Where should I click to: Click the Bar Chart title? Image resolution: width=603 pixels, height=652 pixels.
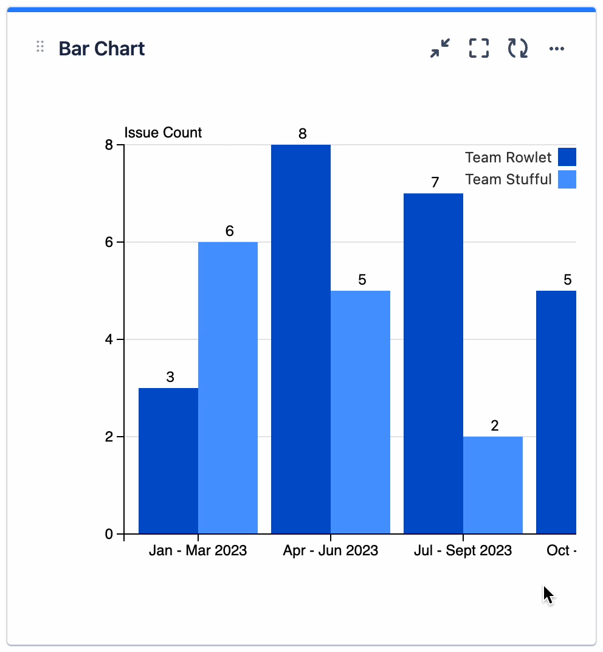click(x=102, y=49)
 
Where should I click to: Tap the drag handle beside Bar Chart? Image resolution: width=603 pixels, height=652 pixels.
click(x=40, y=47)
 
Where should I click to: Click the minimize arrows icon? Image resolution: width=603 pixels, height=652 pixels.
click(x=440, y=48)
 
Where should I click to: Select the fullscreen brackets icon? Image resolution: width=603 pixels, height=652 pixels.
click(x=479, y=48)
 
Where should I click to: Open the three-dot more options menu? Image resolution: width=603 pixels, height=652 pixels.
click(x=557, y=49)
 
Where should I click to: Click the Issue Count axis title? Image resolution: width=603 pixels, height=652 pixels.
click(x=163, y=133)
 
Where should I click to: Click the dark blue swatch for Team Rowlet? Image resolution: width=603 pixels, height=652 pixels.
click(x=567, y=157)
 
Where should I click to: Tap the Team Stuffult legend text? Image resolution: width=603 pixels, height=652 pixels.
click(x=508, y=179)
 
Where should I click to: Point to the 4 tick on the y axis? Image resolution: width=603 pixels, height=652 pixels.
click(x=109, y=339)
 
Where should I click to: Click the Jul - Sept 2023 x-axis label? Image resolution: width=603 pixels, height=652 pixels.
click(x=463, y=550)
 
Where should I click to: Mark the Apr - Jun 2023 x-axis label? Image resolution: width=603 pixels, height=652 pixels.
click(x=330, y=550)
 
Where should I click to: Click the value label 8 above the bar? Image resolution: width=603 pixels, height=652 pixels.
click(x=302, y=134)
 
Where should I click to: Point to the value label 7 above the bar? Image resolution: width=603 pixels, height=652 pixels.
click(x=435, y=182)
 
